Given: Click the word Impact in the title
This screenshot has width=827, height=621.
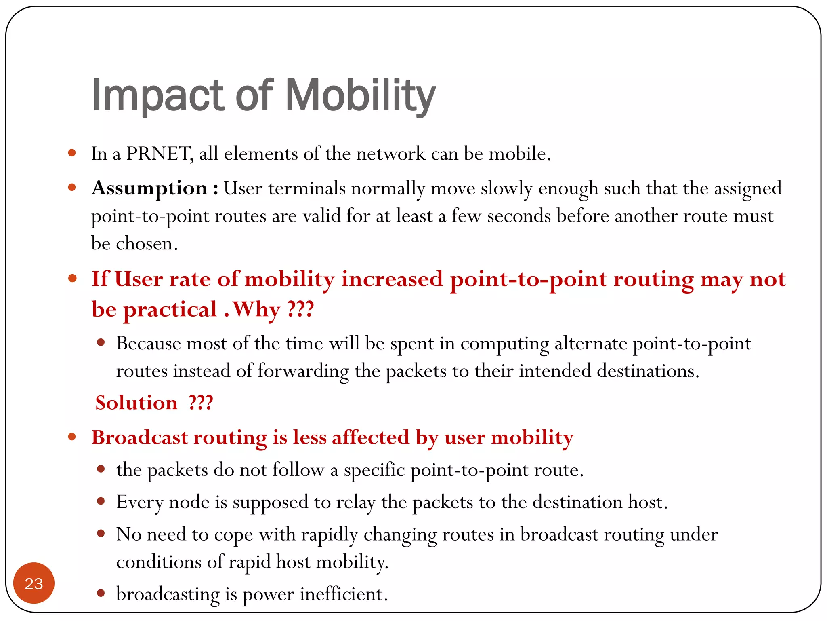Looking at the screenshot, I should click(x=157, y=96).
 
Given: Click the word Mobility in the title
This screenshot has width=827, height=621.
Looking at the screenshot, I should click(x=361, y=96).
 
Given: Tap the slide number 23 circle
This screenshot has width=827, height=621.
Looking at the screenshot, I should click(x=34, y=583).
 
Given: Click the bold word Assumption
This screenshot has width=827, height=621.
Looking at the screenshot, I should click(x=149, y=188).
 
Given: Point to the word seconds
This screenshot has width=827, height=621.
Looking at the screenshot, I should click(x=519, y=216).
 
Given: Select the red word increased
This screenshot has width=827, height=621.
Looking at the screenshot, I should click(x=392, y=279).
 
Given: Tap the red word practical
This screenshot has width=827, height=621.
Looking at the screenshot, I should click(x=170, y=310).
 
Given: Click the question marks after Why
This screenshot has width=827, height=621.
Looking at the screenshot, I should click(x=300, y=310).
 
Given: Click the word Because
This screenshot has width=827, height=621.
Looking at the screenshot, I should click(x=149, y=344).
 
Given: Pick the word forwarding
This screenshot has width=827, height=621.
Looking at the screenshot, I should click(x=303, y=371).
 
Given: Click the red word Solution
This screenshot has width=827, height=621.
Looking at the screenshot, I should click(x=136, y=403).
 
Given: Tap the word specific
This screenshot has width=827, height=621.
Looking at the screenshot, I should click(x=374, y=470).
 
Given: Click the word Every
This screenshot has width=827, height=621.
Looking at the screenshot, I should click(x=140, y=503).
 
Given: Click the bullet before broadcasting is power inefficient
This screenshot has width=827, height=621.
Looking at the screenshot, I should click(x=101, y=593).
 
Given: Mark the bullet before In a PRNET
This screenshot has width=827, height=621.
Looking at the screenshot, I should click(x=72, y=153).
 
